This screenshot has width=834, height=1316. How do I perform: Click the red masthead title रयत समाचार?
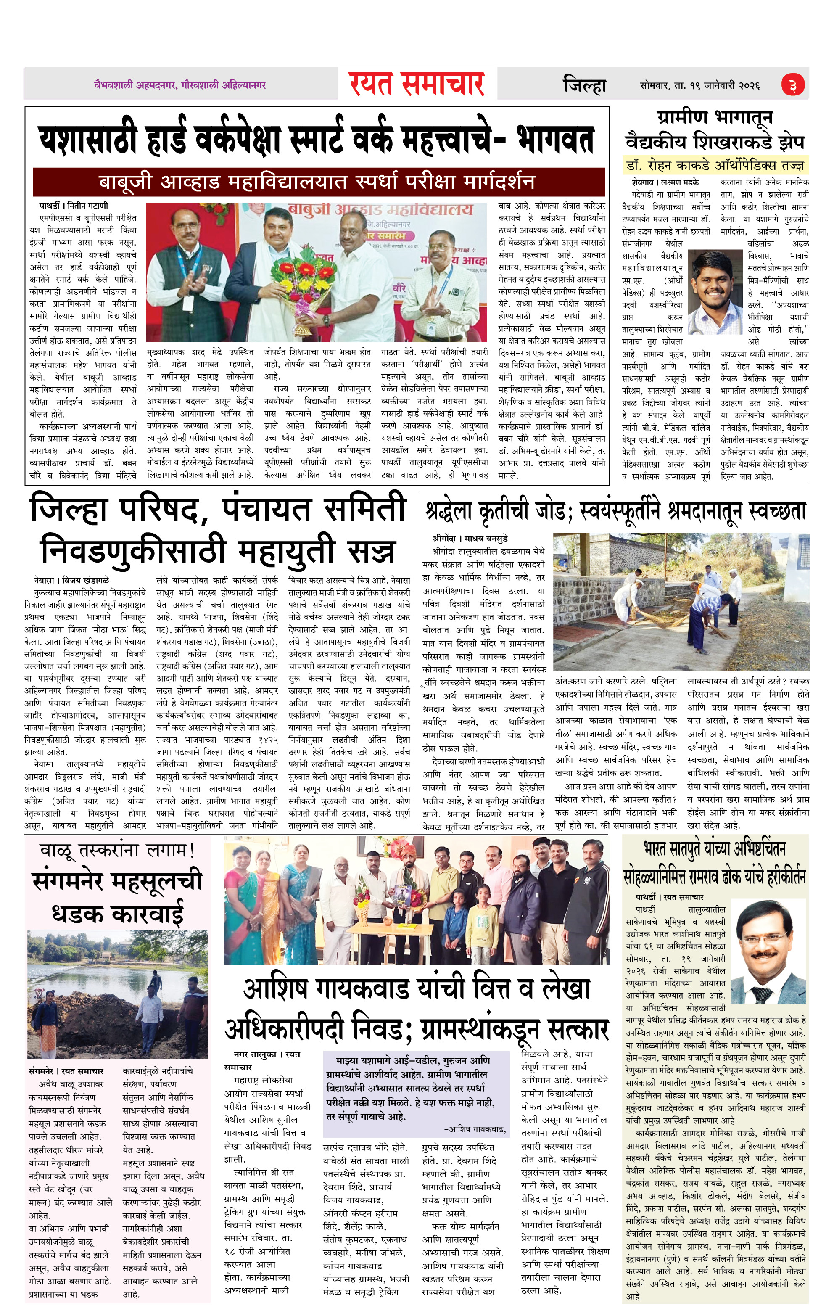pyautogui.click(x=417, y=85)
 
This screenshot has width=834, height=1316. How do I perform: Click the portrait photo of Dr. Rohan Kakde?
pyautogui.click(x=716, y=292)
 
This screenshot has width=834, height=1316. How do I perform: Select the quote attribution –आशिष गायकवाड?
pyautogui.click(x=474, y=1128)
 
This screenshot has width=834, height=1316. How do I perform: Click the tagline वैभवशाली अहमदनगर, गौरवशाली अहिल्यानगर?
pyautogui.click(x=180, y=85)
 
